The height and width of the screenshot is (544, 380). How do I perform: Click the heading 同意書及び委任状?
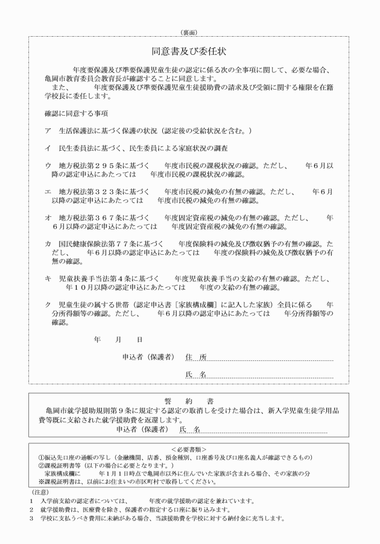tap(189, 51)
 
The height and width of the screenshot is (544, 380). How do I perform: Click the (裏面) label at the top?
tap(189, 31)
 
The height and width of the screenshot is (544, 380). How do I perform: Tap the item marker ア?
tap(48, 131)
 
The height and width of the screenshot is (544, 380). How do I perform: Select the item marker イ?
tap(48, 148)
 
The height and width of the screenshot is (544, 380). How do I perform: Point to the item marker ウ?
tap(48, 165)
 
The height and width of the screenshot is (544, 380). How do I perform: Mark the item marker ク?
tap(48, 304)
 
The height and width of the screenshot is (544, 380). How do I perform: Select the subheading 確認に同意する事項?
tap(71, 113)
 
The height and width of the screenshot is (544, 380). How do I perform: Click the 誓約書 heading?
tap(189, 401)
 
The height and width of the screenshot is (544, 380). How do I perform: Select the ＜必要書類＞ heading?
tap(189, 449)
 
